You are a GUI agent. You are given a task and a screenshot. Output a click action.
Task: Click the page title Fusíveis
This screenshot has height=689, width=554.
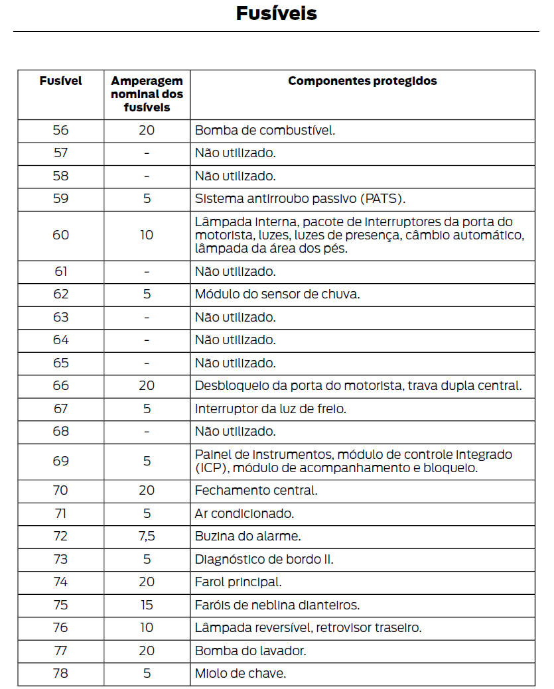tap(276, 13)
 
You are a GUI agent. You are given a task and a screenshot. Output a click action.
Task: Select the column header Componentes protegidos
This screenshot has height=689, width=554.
tap(362, 81)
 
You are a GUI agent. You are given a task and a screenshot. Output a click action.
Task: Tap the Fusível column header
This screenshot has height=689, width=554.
tap(60, 81)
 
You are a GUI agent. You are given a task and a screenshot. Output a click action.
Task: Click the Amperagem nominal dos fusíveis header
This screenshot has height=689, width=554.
tap(147, 94)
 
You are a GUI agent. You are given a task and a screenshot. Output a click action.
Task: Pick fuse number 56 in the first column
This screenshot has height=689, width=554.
tap(60, 130)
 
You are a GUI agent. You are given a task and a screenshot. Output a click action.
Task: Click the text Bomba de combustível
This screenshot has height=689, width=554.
tap(265, 130)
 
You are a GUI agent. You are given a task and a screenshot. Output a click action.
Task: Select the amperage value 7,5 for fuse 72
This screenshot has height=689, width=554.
tap(147, 536)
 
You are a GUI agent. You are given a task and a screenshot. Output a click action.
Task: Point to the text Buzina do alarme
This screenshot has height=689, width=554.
tap(248, 536)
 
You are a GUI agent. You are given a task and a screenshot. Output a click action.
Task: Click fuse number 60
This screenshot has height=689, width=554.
tap(60, 235)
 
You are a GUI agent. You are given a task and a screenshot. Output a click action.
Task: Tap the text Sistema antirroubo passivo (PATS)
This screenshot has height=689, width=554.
tap(300, 198)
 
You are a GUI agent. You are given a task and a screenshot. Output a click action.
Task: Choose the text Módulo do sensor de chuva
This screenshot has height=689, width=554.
tap(277, 294)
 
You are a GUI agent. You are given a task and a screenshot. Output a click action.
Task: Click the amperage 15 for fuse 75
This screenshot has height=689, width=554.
tap(147, 604)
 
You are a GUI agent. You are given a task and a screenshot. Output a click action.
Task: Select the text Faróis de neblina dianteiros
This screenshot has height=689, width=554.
tap(277, 604)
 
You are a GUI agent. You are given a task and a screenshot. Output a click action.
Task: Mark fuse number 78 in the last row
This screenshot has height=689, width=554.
tap(60, 673)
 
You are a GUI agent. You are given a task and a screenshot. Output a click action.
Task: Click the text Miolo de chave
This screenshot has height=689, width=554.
tap(240, 673)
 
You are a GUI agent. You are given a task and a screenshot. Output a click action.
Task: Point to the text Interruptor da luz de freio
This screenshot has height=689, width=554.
tap(270, 408)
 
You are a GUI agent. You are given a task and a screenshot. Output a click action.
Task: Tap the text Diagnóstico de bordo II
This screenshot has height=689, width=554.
tap(264, 559)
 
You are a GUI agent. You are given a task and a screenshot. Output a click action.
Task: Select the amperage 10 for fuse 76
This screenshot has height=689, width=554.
tap(147, 627)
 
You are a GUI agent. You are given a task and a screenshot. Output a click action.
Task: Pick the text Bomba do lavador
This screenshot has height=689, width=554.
tap(251, 650)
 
